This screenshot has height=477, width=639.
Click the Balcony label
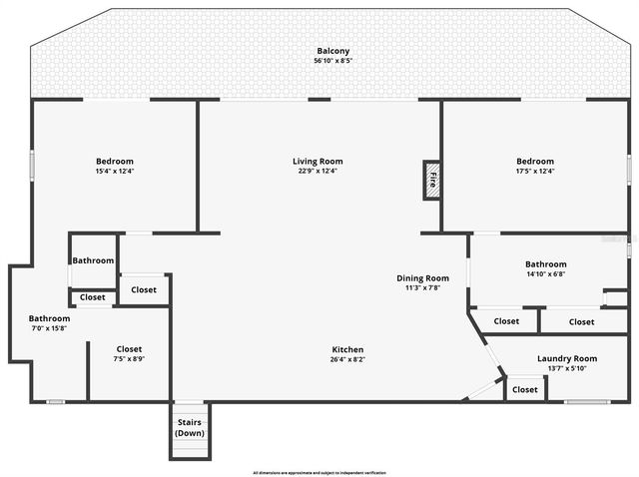[333, 51]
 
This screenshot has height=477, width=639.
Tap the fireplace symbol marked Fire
[432, 180]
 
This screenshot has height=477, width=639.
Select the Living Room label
[318, 161]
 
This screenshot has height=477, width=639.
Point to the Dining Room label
[422, 278]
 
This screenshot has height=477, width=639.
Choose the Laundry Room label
[567, 358]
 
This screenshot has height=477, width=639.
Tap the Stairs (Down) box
[190, 427]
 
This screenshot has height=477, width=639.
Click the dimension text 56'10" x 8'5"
[333, 61]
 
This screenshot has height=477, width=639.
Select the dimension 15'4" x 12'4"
[115, 171]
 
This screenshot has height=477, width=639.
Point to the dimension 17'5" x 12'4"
[535, 171]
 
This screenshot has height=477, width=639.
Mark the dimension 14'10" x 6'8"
[546, 274]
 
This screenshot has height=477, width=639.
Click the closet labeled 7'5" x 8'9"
[129, 358]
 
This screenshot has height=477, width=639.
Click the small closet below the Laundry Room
[525, 389]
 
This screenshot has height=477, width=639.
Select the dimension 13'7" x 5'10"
[567, 368]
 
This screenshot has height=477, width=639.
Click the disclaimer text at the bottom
[319, 472]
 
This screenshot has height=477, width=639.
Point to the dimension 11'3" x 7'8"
[422, 288]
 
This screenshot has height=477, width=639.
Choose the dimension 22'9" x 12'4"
[318, 171]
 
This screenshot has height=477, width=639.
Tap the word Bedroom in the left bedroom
[115, 161]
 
